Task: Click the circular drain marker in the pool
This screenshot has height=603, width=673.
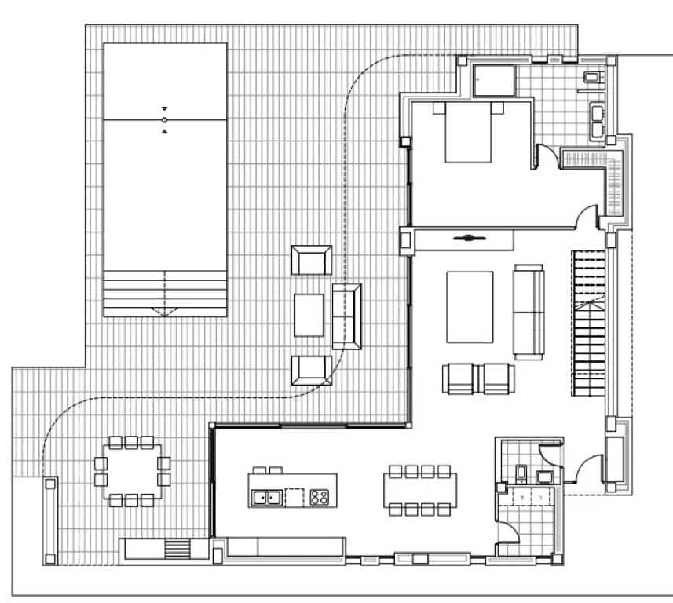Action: click(164, 120)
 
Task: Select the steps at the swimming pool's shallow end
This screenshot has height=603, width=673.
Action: click(165, 294)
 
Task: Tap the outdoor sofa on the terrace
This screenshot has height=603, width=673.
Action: click(346, 316)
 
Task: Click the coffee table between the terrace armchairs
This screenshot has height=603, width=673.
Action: click(309, 315)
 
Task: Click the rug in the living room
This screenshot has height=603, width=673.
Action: click(470, 307)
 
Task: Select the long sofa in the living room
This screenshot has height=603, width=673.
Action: click(528, 311)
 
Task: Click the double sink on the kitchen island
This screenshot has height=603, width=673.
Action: click(267, 496)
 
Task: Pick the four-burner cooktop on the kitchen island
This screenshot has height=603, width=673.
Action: click(320, 496)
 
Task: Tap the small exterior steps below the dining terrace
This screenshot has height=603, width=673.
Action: click(178, 549)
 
